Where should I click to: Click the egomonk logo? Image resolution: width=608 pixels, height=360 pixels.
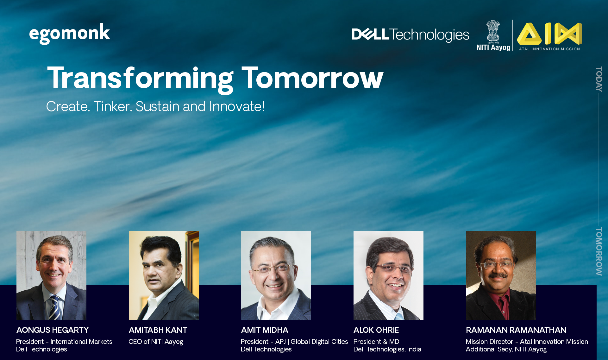tap(69, 34)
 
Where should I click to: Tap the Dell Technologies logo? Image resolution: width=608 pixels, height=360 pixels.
tap(410, 35)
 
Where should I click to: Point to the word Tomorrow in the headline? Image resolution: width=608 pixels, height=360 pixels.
tap(313, 78)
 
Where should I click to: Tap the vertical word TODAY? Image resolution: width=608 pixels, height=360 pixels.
tap(599, 79)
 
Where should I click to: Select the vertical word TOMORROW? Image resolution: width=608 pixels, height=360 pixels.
tap(599, 251)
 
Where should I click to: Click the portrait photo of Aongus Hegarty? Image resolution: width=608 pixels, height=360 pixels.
tap(51, 275)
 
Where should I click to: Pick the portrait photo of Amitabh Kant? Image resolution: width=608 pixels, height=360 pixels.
tap(164, 275)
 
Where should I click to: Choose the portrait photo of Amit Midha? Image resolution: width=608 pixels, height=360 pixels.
tap(276, 275)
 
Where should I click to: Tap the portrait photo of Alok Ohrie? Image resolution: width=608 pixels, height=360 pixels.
tap(388, 275)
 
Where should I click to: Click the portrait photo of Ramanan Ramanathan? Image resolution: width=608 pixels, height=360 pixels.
tap(501, 275)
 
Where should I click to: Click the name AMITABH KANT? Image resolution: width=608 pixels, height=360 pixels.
tap(158, 330)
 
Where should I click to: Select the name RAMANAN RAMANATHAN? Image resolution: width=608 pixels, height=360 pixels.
tap(516, 330)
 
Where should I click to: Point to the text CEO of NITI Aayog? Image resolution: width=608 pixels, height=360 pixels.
tap(156, 342)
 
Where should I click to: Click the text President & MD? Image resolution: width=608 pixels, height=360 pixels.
tap(376, 342)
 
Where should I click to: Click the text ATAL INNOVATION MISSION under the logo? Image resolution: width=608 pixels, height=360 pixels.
tap(549, 49)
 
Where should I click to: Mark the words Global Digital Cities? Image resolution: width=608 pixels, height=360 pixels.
tap(319, 342)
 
